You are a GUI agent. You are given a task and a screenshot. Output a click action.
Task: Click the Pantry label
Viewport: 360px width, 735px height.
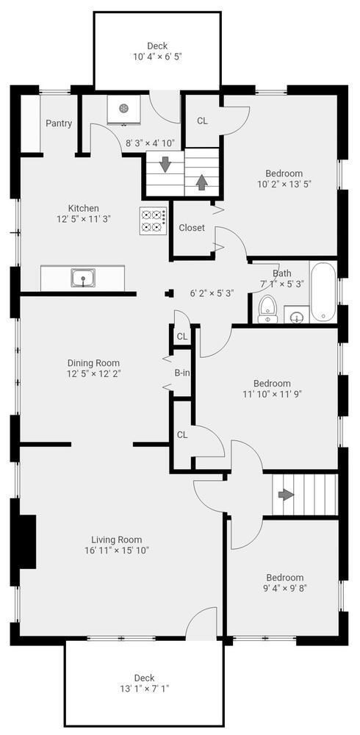pos(59,123)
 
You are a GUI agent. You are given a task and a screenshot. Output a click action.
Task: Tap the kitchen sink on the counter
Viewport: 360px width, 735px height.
pos(82,278)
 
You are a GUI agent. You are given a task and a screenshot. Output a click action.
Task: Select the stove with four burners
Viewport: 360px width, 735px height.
pos(153,220)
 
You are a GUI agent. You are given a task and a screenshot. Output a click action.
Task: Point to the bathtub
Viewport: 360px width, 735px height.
pos(323,293)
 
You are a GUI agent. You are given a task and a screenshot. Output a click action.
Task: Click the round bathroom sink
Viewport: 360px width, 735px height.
pos(297,318)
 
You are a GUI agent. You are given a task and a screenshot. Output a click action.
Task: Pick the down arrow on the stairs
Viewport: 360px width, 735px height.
pos(165,163)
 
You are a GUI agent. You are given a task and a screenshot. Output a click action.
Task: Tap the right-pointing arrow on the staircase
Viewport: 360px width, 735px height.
pos(285,494)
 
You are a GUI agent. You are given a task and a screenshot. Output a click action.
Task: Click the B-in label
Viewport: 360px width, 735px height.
pos(182,373)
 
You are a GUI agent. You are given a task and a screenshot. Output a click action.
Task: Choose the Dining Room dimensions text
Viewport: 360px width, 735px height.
pos(93,373)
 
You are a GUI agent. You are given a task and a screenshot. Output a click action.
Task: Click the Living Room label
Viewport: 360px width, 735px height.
pos(117,539)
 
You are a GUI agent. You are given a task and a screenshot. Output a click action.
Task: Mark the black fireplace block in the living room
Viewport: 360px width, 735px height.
pos(26,541)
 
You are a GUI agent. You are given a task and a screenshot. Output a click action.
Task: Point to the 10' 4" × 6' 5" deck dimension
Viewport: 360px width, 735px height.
pos(157,57)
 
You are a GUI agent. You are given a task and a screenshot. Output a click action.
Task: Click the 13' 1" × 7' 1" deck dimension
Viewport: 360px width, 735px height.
pos(144,689)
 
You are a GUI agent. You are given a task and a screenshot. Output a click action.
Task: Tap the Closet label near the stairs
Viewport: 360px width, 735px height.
pos(192,228)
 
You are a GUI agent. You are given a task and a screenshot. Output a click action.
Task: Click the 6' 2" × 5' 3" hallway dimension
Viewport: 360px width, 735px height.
pos(212,293)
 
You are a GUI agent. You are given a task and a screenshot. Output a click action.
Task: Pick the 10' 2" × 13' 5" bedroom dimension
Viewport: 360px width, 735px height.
pos(284,184)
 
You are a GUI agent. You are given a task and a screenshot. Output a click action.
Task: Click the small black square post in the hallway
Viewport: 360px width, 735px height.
pos(170,293)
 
